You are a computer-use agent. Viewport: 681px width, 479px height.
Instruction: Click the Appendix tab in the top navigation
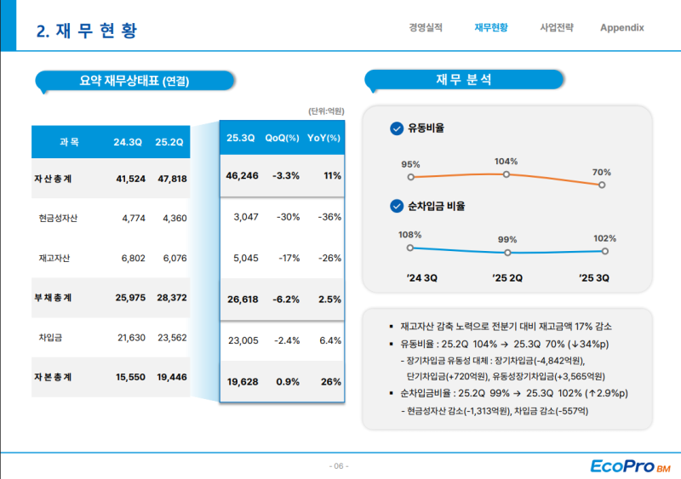pos(621,27)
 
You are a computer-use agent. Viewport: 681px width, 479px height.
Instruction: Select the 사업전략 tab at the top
pos(557,27)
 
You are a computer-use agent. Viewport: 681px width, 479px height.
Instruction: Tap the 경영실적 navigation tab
pos(426,27)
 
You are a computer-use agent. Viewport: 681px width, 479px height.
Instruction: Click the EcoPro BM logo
pos(630,465)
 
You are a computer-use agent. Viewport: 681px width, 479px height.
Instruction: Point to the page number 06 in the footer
pos(339,466)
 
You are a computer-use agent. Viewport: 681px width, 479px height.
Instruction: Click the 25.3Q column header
pos(241,138)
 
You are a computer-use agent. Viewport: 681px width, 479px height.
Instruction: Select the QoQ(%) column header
pos(283,138)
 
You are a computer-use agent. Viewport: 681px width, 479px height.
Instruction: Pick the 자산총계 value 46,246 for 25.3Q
pos(242,176)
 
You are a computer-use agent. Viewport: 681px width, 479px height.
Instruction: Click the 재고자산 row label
pos(54,258)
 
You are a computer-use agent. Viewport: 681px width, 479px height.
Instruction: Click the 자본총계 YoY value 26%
pos(330,382)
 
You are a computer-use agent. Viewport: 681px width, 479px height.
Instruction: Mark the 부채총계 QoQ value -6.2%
pos(285,299)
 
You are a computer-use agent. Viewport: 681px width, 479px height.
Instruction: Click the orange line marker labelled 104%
pos(506,174)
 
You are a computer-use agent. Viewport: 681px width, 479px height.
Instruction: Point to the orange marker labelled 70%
pos(602,184)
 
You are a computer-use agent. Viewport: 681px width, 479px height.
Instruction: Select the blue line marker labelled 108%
pos(410,248)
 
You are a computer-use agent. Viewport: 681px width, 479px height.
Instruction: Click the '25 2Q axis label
pos(507,277)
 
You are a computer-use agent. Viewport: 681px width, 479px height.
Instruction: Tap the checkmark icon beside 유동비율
pos(396,128)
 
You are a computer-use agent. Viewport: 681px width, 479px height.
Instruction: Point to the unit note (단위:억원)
pos(326,111)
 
